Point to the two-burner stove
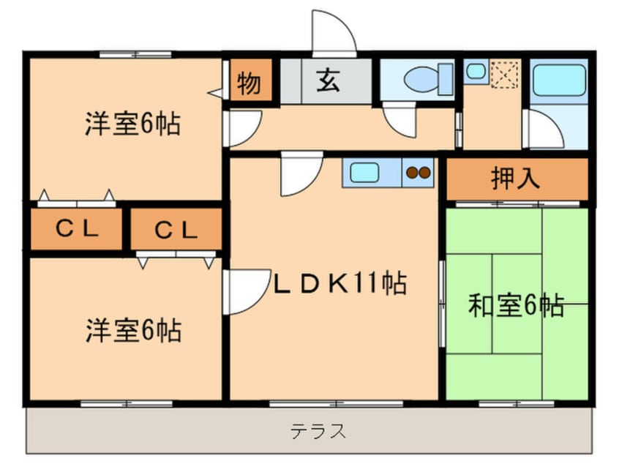click(x=419, y=173)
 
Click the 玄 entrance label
click(x=327, y=81)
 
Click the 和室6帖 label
click(x=515, y=305)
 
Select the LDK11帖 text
click(x=339, y=282)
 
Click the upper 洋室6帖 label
click(x=132, y=123)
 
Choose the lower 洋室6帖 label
click(x=132, y=331)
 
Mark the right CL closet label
click(x=176, y=230)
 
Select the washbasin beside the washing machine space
click(x=476, y=71)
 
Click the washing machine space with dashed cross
click(x=505, y=74)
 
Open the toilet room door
click(x=400, y=119)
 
